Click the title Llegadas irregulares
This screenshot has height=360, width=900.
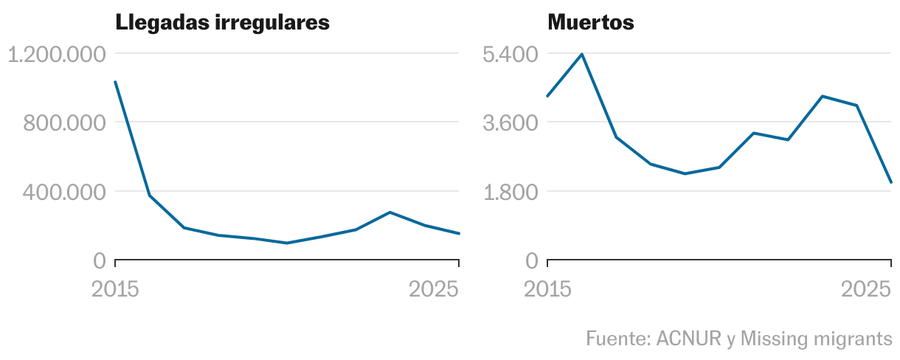click(222, 23)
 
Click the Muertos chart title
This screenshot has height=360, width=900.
click(590, 23)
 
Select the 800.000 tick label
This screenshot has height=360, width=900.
click(64, 122)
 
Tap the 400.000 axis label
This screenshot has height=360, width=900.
click(64, 192)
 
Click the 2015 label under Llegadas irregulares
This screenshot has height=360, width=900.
click(115, 289)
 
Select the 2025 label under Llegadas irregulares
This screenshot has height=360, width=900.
click(434, 289)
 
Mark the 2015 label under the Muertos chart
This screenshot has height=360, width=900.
click(547, 289)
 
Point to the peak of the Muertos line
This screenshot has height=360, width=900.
click(582, 55)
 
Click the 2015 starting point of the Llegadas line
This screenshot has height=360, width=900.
click(116, 82)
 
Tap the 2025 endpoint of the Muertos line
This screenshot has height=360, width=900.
click(891, 182)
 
